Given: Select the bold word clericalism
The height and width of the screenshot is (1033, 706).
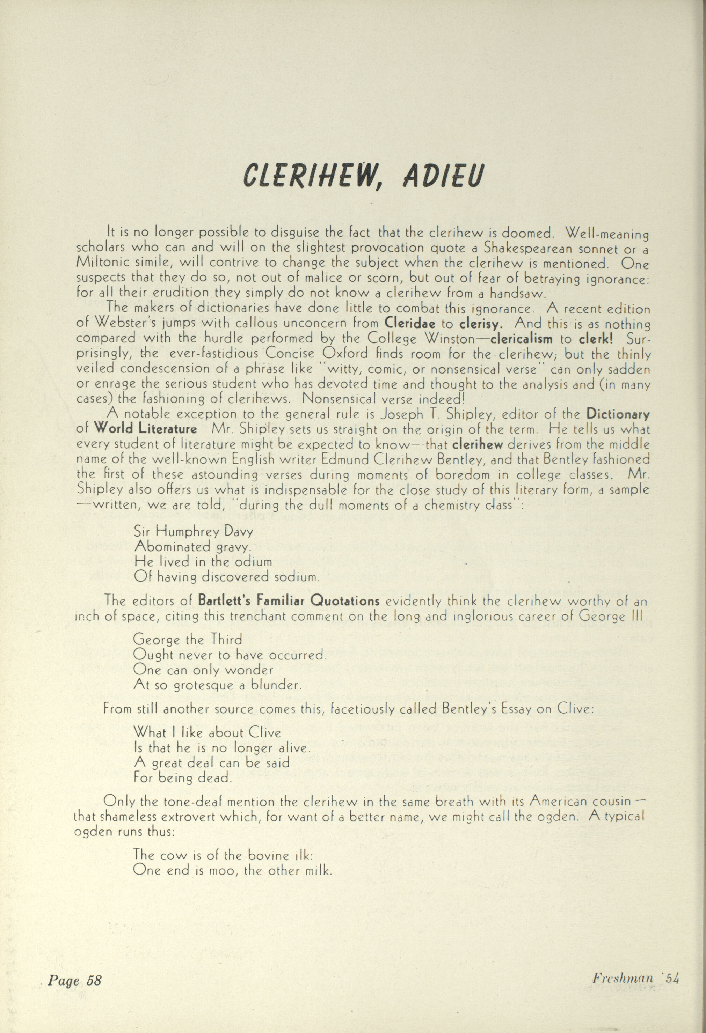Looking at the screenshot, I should pyautogui.click(x=522, y=339).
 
